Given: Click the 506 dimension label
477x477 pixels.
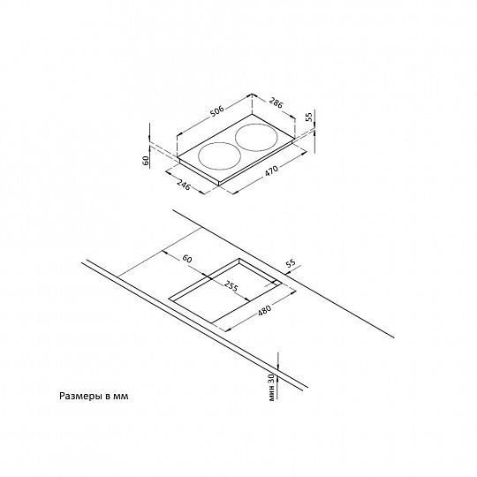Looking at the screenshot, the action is coord(217,110).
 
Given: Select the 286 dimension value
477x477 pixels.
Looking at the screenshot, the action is coord(276,103).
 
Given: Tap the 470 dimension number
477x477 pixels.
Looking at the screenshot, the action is coord(271,171).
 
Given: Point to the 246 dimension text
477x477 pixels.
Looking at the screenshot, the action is coord(184,185).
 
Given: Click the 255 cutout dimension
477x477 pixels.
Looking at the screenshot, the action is coord(231,285).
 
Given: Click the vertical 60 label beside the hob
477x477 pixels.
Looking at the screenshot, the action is coord(146,160).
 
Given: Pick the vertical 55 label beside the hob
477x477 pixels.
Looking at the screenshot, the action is coord(308,117).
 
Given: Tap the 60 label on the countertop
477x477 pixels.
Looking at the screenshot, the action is coord(187,259).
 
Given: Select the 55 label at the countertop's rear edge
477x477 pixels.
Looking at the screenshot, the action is coord(291,263).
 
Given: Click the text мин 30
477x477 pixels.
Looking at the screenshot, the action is coord(272,388).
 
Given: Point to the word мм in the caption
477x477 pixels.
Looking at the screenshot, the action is coord(121,397).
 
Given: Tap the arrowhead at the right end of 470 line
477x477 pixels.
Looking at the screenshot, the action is coord(304,154).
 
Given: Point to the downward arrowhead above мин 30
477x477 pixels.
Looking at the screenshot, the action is coord(277,367).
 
